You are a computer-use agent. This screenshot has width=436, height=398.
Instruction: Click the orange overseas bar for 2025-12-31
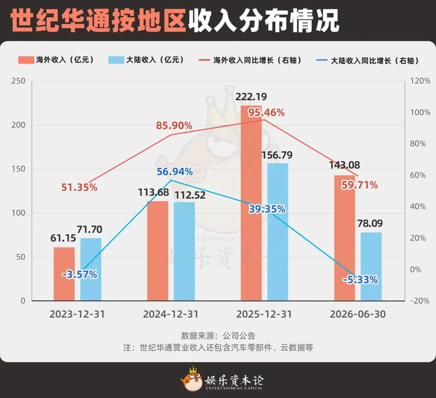point(251,203)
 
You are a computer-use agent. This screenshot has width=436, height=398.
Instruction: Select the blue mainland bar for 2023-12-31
point(91,269)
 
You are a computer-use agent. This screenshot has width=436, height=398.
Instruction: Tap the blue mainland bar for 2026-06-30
point(371,266)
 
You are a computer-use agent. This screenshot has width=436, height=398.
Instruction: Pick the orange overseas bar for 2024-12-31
point(158,251)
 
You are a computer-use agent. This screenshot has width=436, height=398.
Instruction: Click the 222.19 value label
point(251,97)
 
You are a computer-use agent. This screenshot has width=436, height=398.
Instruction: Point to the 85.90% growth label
point(174,126)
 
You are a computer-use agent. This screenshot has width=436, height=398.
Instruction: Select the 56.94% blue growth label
point(175,171)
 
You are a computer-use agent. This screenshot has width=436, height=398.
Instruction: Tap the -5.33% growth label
point(360,279)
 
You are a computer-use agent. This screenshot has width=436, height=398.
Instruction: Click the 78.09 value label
point(370,223)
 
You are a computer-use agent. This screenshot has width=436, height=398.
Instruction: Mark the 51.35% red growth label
point(79,187)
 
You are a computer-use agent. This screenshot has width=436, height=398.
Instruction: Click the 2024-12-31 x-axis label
point(171,314)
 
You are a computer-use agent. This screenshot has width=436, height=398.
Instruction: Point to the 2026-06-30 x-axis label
point(358,314)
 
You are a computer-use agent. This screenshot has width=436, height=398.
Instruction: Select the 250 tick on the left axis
point(18,81)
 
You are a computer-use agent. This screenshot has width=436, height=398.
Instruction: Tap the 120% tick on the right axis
point(420,81)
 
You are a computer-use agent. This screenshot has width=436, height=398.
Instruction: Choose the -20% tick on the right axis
point(420,301)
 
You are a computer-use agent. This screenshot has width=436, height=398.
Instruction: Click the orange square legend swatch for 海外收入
point(26,60)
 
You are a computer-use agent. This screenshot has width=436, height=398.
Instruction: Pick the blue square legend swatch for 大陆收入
point(116,60)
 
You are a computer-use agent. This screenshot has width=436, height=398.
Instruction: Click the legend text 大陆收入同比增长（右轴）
point(375,61)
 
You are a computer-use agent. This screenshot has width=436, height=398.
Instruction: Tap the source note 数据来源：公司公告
point(218,336)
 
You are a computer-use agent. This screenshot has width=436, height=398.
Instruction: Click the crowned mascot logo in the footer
point(191,379)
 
